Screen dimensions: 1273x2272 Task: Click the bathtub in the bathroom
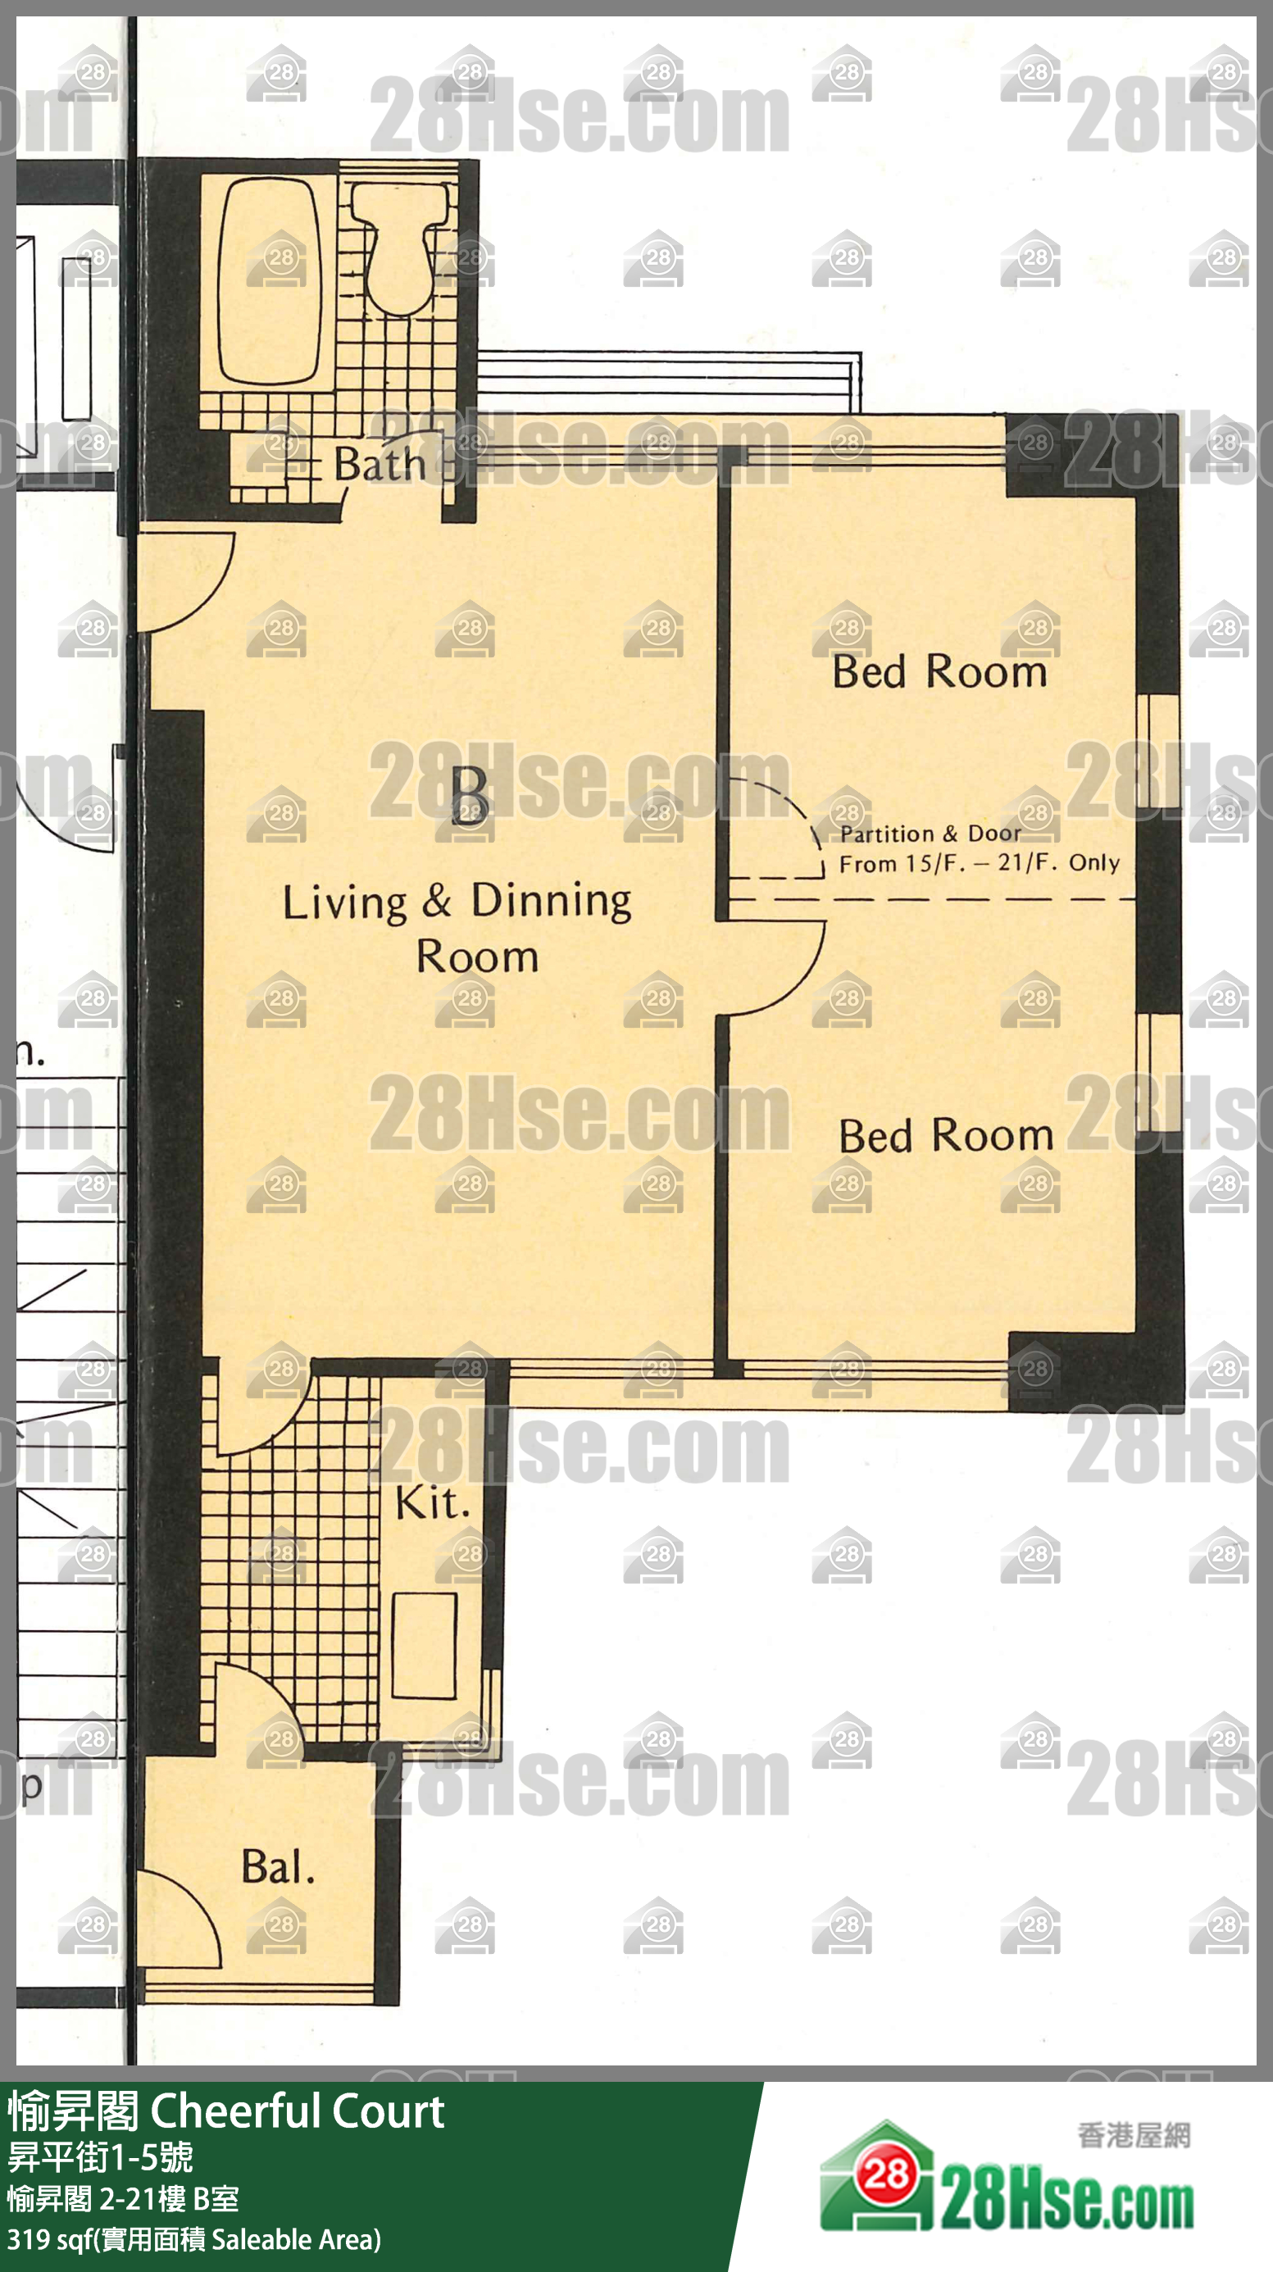269,280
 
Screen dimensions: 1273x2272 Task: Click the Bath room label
380,465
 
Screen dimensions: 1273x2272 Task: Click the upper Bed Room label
939,672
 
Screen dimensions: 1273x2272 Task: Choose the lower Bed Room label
946,1136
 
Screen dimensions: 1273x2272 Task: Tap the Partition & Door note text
980,848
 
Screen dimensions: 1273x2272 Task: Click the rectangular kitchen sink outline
425,1645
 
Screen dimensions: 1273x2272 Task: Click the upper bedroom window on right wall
1158,752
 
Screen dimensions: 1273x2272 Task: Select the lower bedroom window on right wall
1158,1074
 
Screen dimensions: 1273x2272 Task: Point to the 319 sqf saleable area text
194,2239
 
